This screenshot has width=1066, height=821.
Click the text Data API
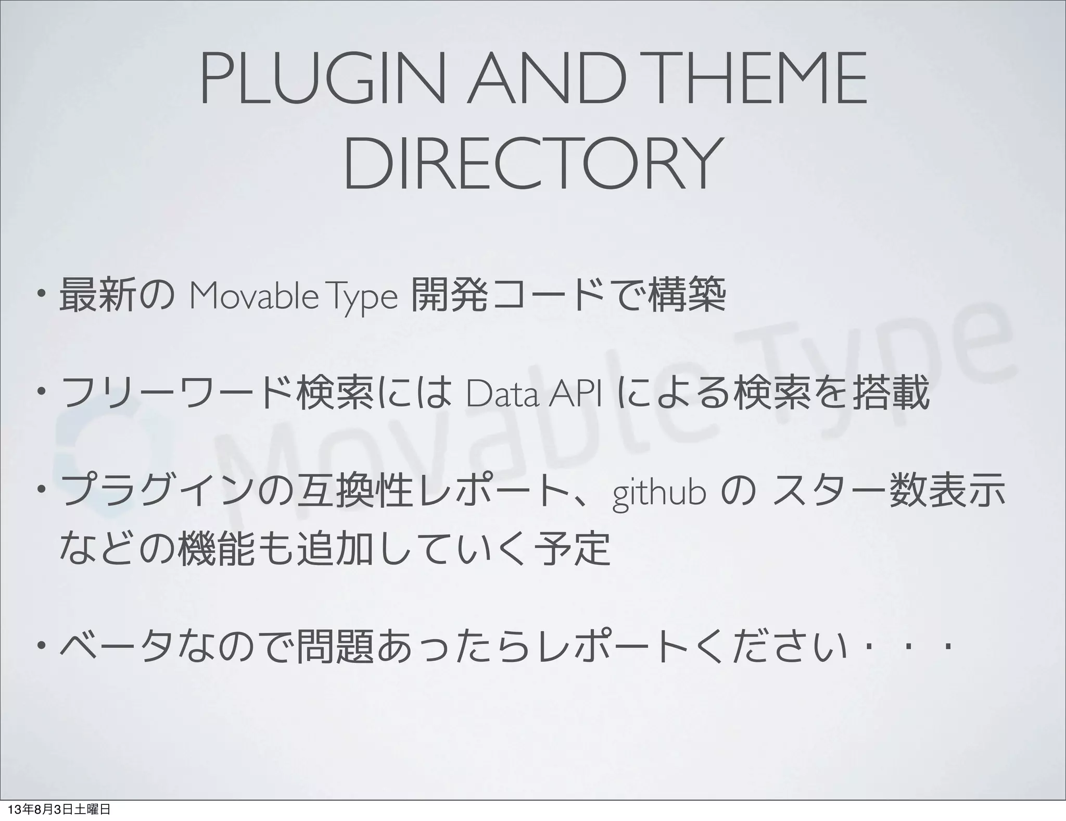(534, 395)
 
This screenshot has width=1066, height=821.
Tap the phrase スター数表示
(887, 493)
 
